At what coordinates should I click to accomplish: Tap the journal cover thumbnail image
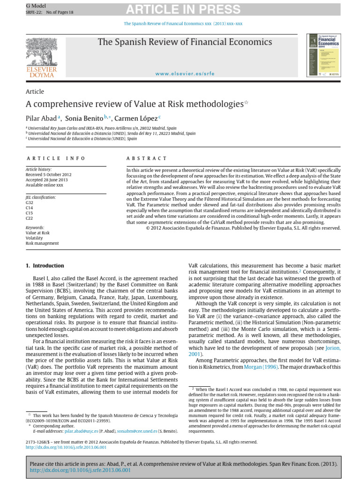[326, 54]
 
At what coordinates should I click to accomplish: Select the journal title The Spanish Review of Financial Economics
[185, 42]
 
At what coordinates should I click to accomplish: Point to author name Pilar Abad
[42, 118]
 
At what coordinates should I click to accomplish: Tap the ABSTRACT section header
[147, 158]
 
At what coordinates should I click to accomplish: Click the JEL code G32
[30, 202]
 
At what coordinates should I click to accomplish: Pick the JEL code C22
[30, 218]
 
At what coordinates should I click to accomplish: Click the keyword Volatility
[34, 238]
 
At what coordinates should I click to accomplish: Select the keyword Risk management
[42, 243]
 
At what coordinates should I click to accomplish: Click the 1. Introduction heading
[45, 265]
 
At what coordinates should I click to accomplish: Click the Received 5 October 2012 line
[49, 174]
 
